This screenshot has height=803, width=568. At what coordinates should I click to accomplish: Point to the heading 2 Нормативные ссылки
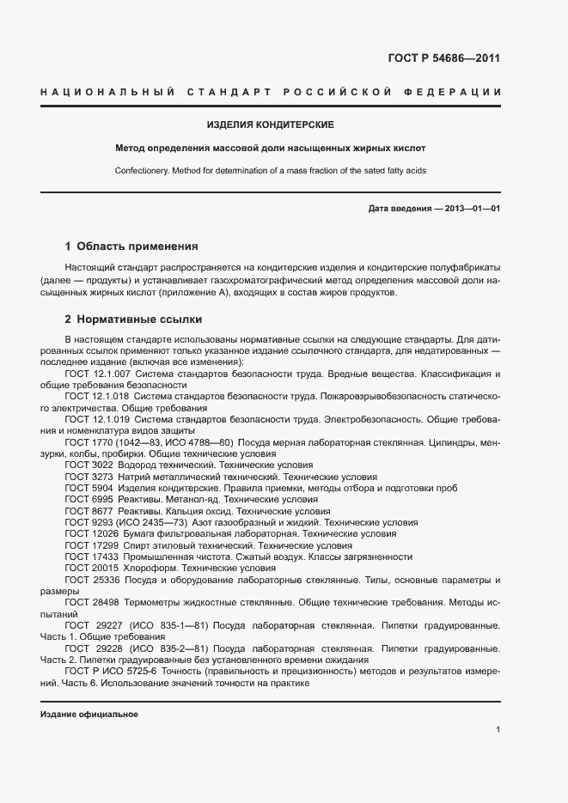click(x=133, y=319)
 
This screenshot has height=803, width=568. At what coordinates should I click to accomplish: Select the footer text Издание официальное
click(x=89, y=715)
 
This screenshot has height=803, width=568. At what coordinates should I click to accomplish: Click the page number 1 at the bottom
click(x=498, y=730)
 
